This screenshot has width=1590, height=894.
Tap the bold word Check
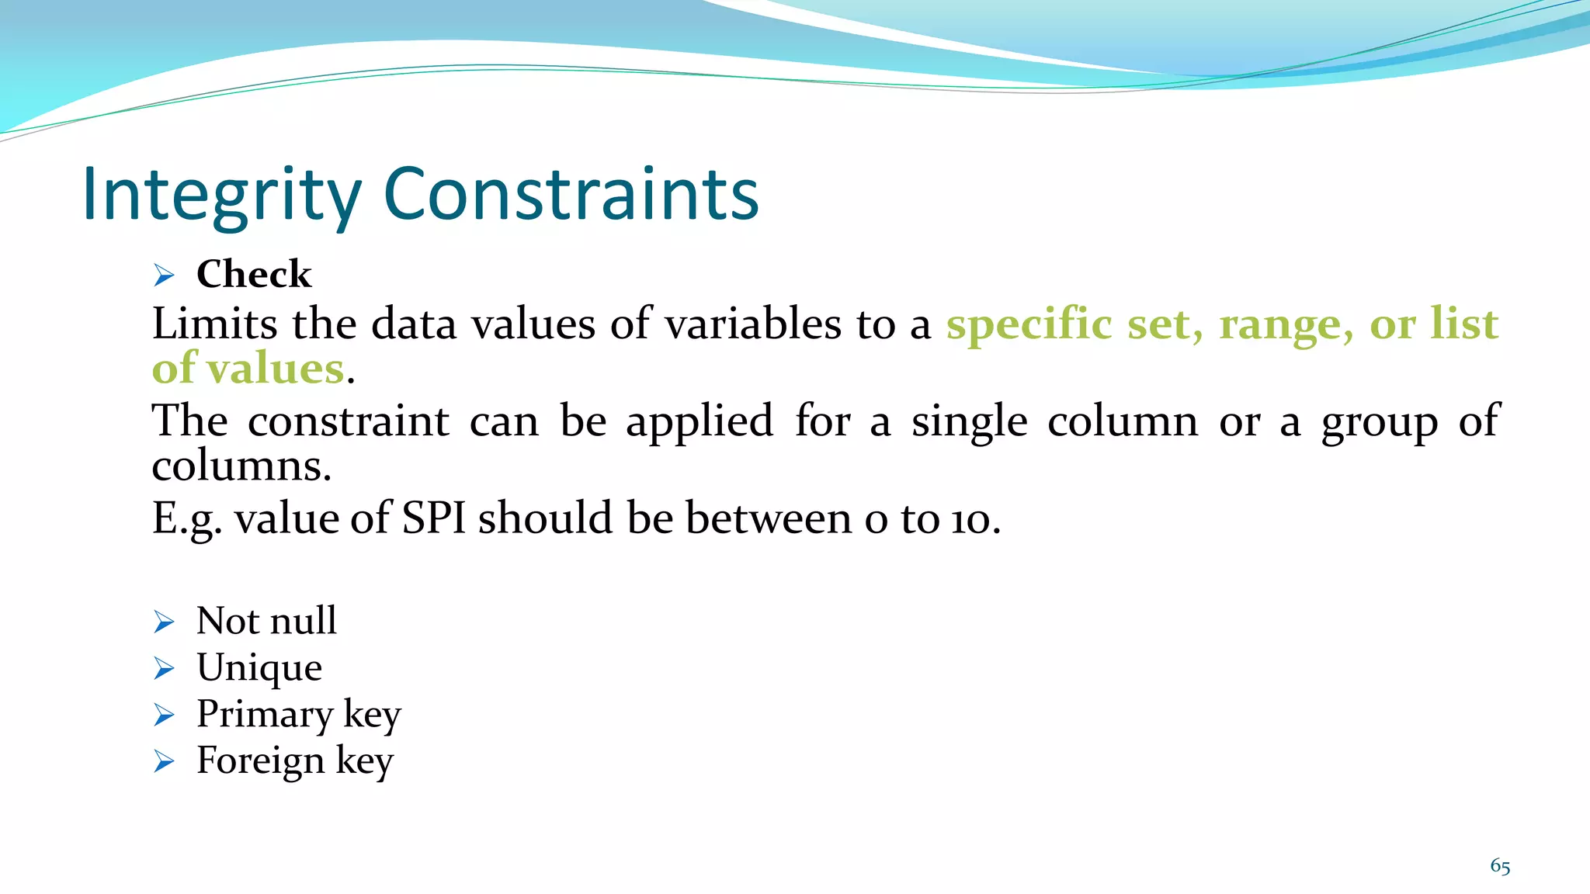254,274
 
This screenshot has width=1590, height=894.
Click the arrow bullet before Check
164,275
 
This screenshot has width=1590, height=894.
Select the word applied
700,421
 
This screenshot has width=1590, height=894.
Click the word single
969,421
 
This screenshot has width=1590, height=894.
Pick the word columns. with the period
241,466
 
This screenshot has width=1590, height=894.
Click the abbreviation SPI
433,518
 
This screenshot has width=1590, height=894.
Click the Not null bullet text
266,621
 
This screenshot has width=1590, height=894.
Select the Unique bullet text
259,667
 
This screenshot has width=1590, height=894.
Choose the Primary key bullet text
299,714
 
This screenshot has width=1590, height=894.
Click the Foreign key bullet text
295,761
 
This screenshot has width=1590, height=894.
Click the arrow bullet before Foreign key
164,761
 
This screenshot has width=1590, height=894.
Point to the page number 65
1500,867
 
